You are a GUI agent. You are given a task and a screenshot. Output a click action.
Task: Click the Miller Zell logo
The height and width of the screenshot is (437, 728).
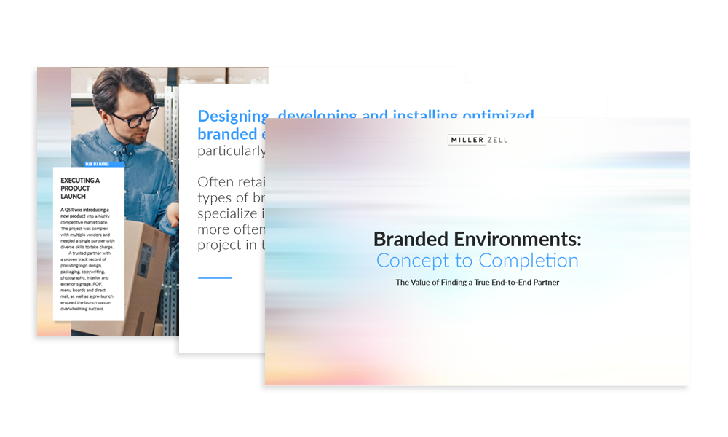pos(478,139)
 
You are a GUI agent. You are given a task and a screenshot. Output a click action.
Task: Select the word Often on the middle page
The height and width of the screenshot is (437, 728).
pos(220,182)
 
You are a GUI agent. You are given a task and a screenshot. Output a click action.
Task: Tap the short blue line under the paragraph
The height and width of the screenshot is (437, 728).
pos(214,277)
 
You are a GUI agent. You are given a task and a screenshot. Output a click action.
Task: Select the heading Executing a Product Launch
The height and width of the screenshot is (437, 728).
pos(80,188)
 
